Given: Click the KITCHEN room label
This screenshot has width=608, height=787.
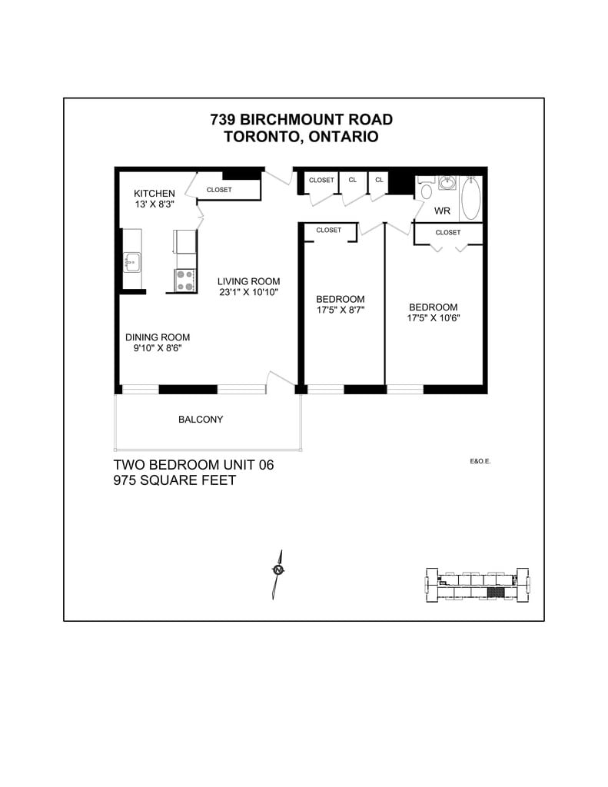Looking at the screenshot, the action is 154,193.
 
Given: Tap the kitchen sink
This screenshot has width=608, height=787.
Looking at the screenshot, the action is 132,262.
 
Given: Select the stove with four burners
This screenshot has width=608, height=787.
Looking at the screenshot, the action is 184,281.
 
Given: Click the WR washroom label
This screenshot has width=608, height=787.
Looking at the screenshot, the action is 442,211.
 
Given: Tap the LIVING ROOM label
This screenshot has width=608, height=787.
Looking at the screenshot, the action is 248,281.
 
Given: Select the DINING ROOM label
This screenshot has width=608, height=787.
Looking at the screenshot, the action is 158,337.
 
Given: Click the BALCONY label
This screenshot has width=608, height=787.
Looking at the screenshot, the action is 201,420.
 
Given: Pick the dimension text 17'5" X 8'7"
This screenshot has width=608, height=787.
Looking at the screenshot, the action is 341,310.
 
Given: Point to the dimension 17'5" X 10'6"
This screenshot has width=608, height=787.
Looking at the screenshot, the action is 434,317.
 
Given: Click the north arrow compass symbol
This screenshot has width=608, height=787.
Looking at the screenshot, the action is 277,570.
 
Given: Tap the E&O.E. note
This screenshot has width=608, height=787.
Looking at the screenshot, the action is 480,462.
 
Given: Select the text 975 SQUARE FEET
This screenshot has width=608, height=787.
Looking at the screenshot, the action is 174,481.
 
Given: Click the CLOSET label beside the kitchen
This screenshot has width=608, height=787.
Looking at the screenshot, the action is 219,190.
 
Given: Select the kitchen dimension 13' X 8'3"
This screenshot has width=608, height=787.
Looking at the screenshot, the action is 155,204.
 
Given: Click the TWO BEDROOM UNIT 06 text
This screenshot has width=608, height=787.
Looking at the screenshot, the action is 194,465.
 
